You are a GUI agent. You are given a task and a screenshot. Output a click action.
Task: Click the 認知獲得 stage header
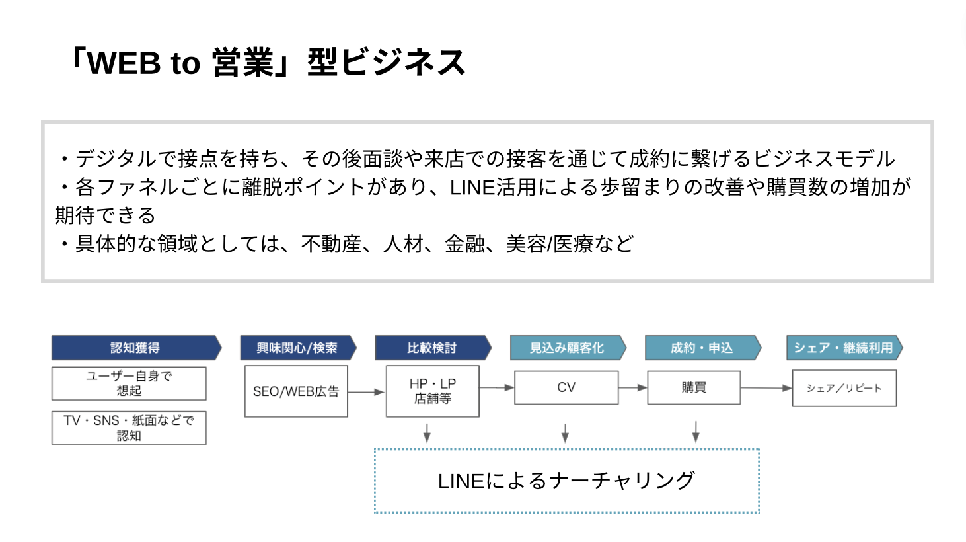(x=136, y=348)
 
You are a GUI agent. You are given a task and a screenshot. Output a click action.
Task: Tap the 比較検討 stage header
(x=433, y=348)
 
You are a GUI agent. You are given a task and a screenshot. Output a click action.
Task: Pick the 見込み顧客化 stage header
(x=568, y=348)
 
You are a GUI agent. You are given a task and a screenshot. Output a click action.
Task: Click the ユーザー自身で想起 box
(x=129, y=383)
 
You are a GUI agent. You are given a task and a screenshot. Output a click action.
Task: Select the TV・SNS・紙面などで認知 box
(x=129, y=428)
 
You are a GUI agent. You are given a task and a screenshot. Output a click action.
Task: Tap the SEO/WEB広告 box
(x=296, y=391)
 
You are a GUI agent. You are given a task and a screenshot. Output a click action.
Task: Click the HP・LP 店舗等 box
(x=433, y=391)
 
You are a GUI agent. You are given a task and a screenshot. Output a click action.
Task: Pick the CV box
(x=566, y=387)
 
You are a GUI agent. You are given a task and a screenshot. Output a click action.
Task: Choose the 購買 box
(x=694, y=387)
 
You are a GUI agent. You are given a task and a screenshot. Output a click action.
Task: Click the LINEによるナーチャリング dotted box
(x=567, y=449)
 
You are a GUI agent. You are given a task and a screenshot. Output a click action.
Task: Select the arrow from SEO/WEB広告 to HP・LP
(x=366, y=392)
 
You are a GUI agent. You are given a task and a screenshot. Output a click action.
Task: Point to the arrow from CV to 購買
(x=633, y=387)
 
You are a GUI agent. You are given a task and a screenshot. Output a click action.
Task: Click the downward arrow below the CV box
(x=565, y=433)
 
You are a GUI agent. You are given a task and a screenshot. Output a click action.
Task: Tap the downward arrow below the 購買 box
(x=696, y=432)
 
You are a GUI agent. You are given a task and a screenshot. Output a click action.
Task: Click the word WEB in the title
(x=124, y=63)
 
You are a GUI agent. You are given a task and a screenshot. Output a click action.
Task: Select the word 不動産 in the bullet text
(x=331, y=244)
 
